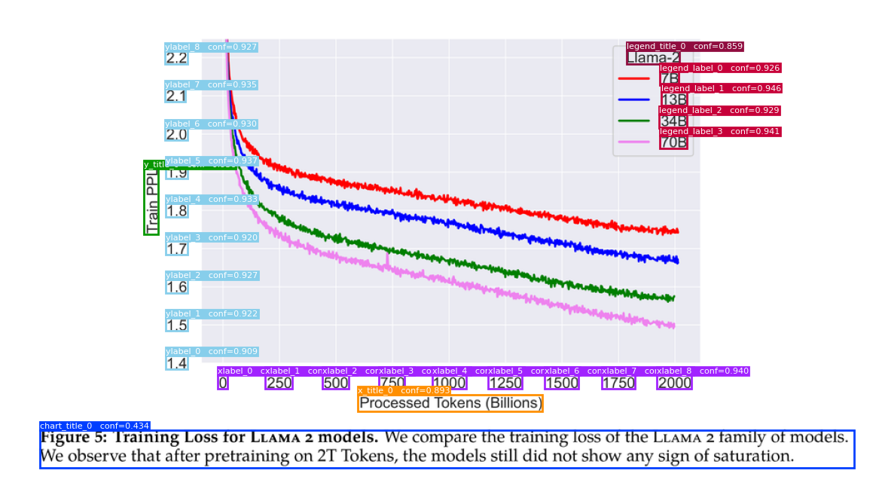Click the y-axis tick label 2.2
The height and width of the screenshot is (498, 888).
pos(176,58)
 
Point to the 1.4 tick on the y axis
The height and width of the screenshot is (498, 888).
pos(176,364)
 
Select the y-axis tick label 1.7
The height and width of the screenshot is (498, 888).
pos(176,249)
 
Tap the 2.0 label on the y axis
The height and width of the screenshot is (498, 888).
pos(176,135)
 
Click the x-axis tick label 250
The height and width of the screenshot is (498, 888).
pos(279,383)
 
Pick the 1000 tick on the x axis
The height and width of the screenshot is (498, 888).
pos(449,383)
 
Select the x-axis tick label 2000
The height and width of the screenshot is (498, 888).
pos(674,383)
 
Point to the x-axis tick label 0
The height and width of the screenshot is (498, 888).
pos(222,383)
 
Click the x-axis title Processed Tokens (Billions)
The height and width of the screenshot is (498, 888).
pos(450,403)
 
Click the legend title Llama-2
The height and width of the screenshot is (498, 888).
pos(653,57)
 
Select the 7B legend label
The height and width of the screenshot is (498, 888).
pos(669,78)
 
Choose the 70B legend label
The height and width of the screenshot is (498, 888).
pos(673,142)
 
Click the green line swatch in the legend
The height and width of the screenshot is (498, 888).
pos(633,121)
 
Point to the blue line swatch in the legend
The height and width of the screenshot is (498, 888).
pos(633,99)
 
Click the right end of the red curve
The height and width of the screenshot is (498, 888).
pos(677,231)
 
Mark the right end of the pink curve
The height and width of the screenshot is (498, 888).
pos(673,326)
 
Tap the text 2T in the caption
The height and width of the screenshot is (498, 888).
pos(328,456)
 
